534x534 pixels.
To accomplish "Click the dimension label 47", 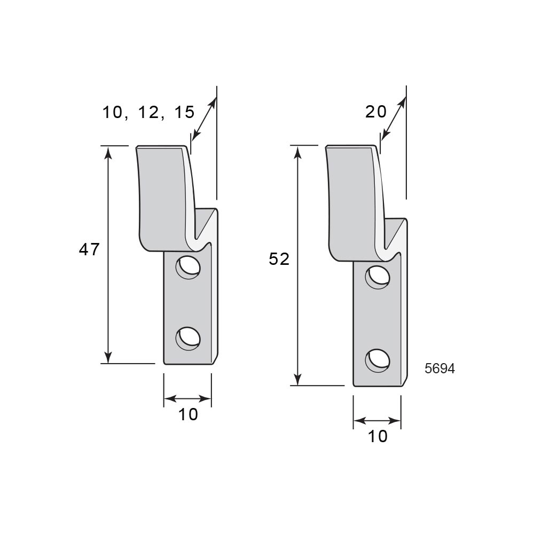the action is click(x=89, y=249).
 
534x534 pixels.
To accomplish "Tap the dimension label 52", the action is click(x=279, y=259).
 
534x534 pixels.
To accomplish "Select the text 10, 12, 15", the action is click(x=148, y=112).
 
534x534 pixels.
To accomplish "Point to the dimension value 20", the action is click(x=376, y=112).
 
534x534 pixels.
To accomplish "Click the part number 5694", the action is click(x=439, y=369).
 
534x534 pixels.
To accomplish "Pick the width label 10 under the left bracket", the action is click(x=188, y=414).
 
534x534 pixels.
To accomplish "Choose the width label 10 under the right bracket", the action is click(x=378, y=436).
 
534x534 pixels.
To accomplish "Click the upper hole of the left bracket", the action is click(x=188, y=267).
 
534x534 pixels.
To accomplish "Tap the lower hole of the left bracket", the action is click(x=188, y=339).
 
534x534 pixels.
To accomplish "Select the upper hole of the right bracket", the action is click(x=378, y=278).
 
